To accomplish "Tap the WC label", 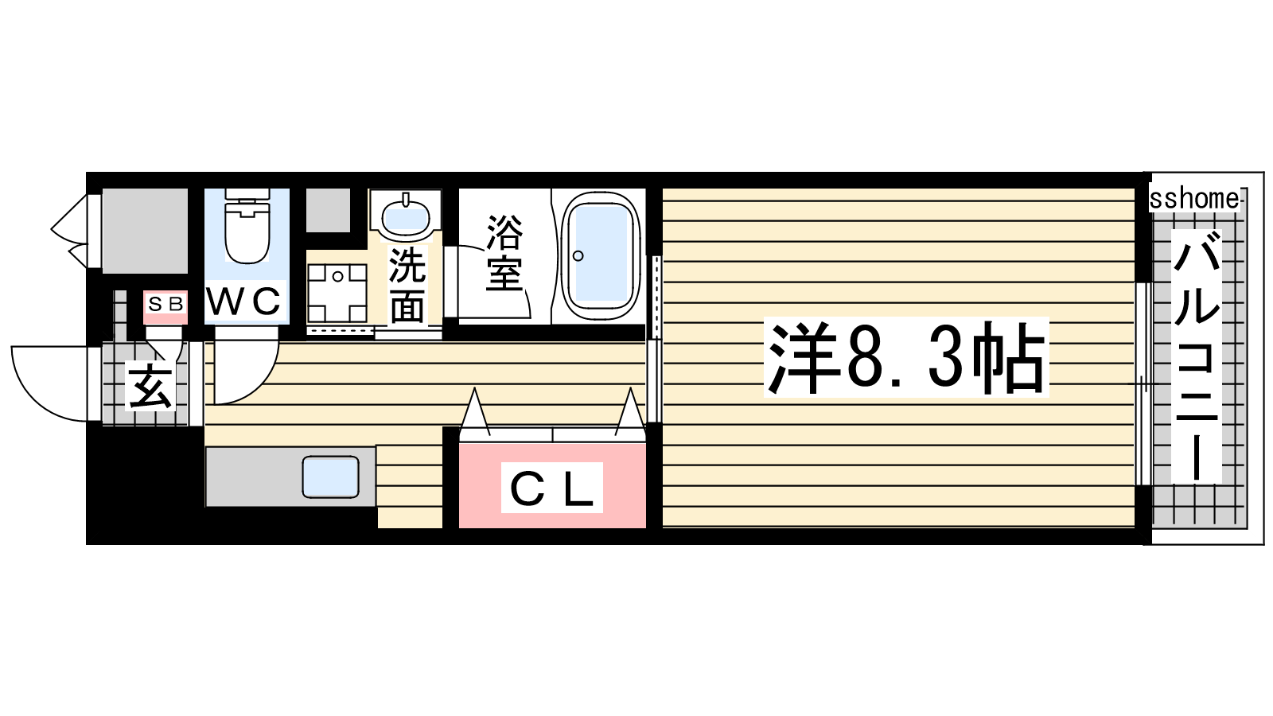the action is pyautogui.click(x=243, y=301).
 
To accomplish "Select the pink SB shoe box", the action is pyautogui.click(x=165, y=307).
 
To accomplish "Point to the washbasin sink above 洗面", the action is pyautogui.click(x=406, y=214).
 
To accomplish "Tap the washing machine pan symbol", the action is pyautogui.click(x=337, y=294).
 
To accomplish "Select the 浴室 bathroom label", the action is pyautogui.click(x=504, y=253).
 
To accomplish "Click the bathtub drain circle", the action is pyautogui.click(x=578, y=255).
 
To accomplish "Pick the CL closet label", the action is pyautogui.click(x=552, y=488).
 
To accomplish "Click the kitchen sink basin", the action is pyautogui.click(x=331, y=477).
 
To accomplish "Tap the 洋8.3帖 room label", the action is pyautogui.click(x=906, y=357).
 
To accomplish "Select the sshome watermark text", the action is pyautogui.click(x=1194, y=199).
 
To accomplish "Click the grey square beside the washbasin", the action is pyautogui.click(x=328, y=210).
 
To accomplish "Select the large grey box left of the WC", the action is pyautogui.click(x=145, y=230).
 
